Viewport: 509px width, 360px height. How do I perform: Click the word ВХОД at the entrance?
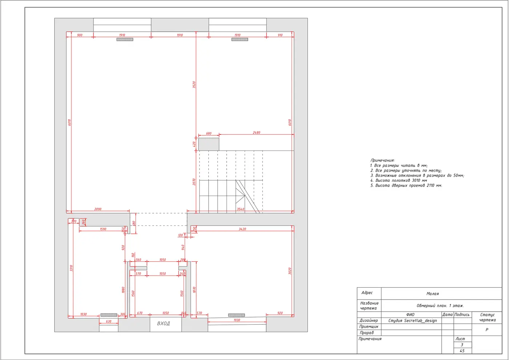(x=163, y=323)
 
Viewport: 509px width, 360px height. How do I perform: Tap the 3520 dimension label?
(x=194, y=84)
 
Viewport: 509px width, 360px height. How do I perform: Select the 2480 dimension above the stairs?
(x=257, y=132)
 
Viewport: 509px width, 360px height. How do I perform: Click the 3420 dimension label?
(x=242, y=229)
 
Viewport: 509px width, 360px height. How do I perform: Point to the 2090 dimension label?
(x=98, y=209)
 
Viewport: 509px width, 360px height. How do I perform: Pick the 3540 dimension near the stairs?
(x=240, y=209)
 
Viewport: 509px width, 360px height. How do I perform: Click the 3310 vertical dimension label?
(x=71, y=268)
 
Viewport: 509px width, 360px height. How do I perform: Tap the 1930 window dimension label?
(x=237, y=320)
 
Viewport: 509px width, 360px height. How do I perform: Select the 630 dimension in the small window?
(x=109, y=321)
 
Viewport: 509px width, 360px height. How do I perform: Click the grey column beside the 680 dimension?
(x=209, y=144)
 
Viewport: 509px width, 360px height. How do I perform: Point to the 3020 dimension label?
(x=290, y=271)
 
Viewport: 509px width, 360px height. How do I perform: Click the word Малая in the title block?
(x=433, y=294)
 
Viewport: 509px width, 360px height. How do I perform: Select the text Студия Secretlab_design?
(x=412, y=320)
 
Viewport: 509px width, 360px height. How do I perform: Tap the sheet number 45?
(x=462, y=351)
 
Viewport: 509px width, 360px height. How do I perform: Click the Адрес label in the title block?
(x=367, y=293)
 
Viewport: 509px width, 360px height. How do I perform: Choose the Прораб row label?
(x=366, y=333)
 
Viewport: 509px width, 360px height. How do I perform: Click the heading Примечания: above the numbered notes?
(x=382, y=160)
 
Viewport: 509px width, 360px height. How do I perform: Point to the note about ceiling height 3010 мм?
(x=398, y=180)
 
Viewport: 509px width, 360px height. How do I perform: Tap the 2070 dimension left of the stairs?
(x=194, y=182)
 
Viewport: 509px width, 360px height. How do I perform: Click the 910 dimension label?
(x=280, y=35)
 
